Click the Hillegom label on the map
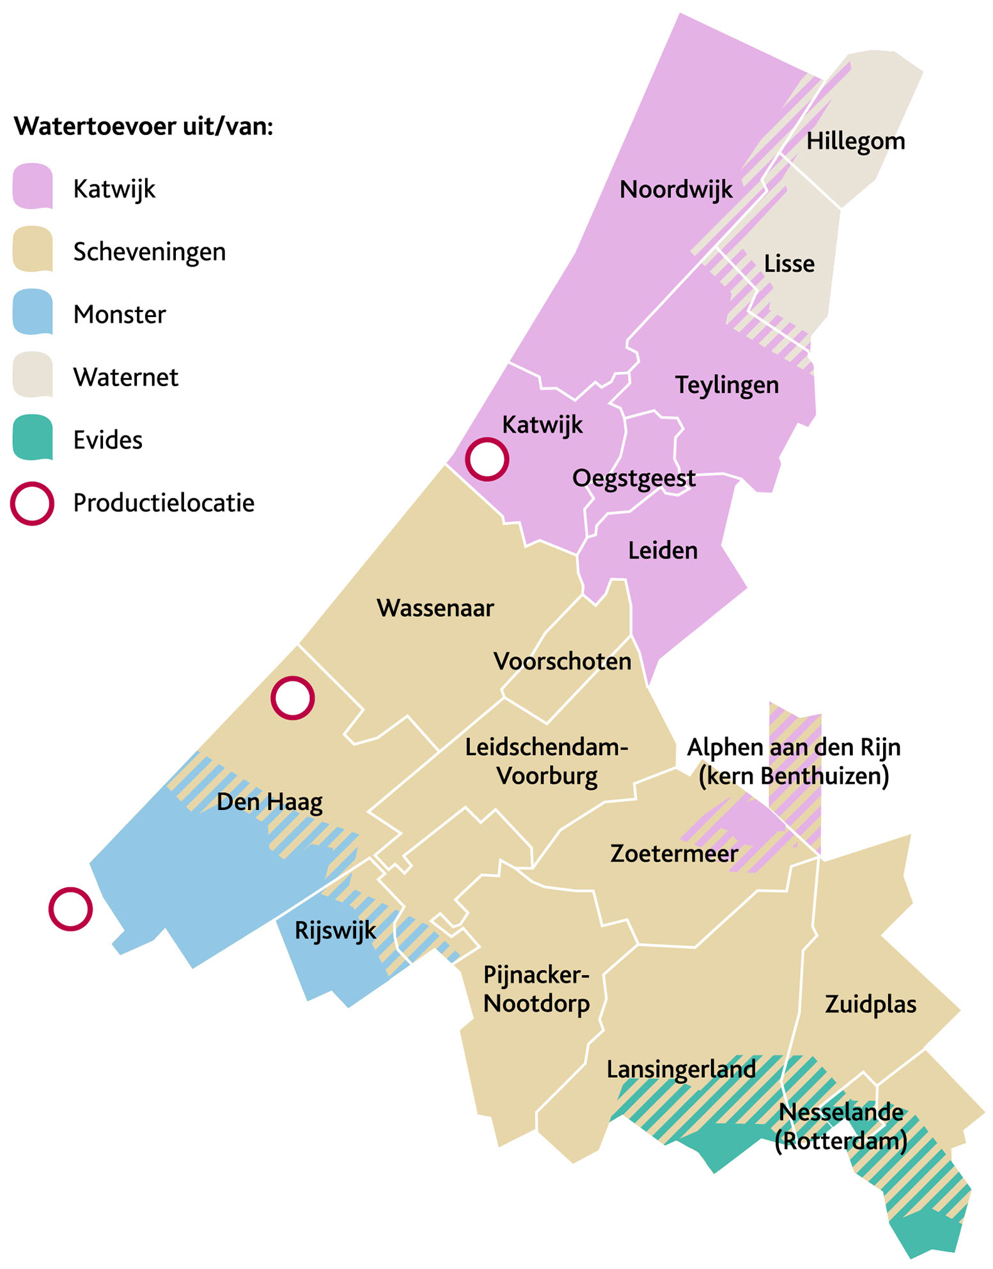click(855, 141)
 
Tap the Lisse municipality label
click(789, 264)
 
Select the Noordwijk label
click(676, 190)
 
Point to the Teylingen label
click(727, 385)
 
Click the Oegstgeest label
click(633, 479)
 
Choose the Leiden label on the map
click(662, 551)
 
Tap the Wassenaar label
click(435, 609)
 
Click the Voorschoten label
click(562, 662)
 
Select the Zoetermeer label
click(674, 854)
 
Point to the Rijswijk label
click(335, 931)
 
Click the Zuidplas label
click(870, 1004)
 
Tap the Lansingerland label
click(681, 1070)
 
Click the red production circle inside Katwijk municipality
click(487, 459)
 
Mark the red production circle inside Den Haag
click(292, 698)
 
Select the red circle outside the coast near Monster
click(70, 908)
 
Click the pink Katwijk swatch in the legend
click(33, 187)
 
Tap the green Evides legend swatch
click(33, 438)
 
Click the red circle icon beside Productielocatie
click(32, 504)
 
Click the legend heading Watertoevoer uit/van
click(144, 127)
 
